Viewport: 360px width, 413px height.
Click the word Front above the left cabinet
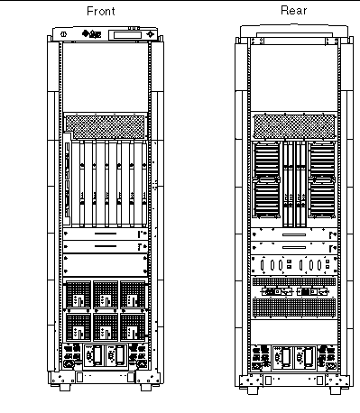101,11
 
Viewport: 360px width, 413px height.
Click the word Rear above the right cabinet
294,11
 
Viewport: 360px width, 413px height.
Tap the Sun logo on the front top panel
92,34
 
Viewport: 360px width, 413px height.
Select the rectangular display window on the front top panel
127,35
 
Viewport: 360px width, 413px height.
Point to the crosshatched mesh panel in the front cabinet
106,127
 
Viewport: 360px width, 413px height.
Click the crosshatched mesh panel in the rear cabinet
294,127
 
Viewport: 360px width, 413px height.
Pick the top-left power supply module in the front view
78,295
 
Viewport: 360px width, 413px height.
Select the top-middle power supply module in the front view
106,295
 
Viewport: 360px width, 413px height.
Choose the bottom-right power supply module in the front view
133,327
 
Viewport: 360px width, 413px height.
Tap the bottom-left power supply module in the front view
78,327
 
